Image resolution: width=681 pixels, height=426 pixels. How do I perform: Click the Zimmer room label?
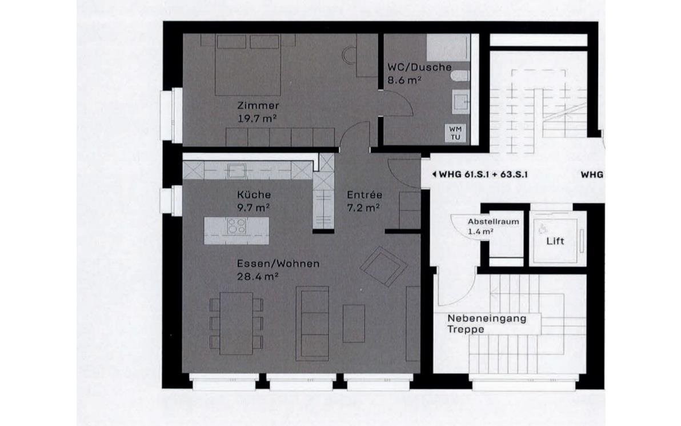pos(258,105)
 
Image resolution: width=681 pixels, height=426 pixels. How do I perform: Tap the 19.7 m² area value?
pos(257,118)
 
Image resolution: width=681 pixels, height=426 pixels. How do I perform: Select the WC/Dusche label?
pos(419,67)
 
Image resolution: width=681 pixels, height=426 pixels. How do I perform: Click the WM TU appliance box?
pos(455,133)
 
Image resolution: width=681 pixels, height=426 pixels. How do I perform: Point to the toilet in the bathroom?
pos(460,75)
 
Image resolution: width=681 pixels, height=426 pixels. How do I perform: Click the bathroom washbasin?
pos(460,102)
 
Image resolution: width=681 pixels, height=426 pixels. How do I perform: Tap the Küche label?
pos(254,195)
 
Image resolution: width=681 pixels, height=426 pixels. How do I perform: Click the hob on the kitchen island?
pos(237,226)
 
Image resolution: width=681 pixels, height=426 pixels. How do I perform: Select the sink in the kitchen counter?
pos(237,170)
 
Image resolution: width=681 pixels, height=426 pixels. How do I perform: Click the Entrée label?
pos(364,195)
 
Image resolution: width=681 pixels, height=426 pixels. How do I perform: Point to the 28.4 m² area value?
pos(258,276)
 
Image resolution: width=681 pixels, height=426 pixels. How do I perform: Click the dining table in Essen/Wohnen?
pos(237,324)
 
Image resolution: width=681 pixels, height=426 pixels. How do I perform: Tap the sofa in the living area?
pos(313,324)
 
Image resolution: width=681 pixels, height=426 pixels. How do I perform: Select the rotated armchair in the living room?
pos(383,266)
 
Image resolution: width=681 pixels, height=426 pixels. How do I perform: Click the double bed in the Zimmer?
pos(248,65)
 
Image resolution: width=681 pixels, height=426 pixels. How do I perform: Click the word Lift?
pos(555,241)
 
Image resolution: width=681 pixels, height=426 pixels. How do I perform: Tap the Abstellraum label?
pos(493,222)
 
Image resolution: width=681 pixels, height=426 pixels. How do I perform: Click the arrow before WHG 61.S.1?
pos(434,175)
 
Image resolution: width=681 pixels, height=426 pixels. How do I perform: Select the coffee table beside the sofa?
pos(354,324)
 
